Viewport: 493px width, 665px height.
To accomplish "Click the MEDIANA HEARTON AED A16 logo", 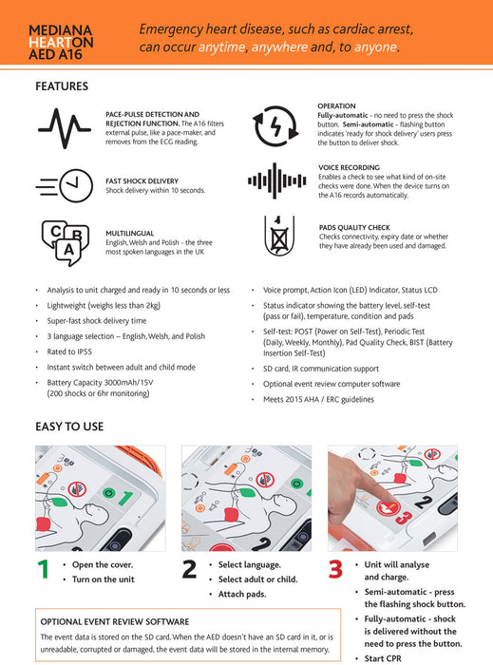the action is (61, 42).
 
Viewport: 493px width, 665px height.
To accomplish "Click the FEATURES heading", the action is (62, 86).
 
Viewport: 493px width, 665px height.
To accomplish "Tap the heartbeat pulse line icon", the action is (65, 128).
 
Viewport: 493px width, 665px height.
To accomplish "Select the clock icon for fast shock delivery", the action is (65, 186).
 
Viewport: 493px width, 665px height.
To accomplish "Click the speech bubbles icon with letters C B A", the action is (65, 242).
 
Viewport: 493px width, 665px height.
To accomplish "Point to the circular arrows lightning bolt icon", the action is (275, 126).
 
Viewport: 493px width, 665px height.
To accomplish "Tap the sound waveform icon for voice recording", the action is (276, 180).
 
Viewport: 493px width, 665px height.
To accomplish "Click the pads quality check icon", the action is (279, 236).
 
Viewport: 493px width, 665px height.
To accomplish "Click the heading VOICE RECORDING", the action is (349, 167).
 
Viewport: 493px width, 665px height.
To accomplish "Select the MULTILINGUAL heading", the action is (130, 234).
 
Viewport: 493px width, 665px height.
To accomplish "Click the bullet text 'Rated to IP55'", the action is (69, 351).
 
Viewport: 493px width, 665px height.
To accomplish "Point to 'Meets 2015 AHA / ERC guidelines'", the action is (318, 399).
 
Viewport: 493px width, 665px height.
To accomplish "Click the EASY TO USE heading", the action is (69, 427).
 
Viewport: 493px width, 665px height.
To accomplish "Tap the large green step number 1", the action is (44, 569).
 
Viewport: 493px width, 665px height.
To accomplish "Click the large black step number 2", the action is (189, 569).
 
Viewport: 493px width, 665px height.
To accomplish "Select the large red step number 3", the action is (335, 569).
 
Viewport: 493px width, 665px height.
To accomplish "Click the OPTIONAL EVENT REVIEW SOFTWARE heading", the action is (115, 621).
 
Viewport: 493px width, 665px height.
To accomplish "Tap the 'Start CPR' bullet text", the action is (383, 658).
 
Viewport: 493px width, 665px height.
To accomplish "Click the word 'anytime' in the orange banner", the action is (221, 47).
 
